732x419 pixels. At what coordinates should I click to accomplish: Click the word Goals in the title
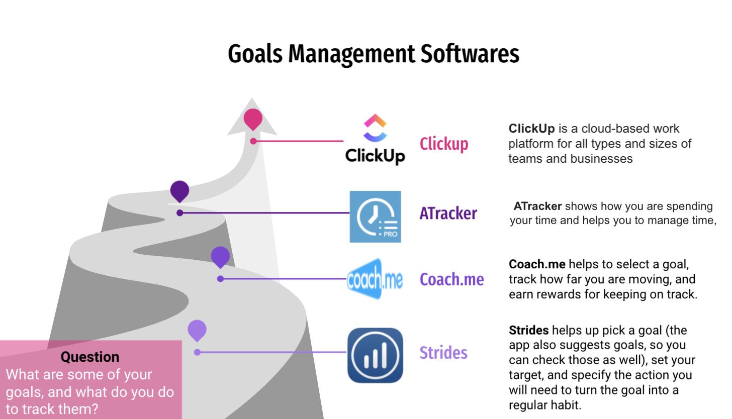255,54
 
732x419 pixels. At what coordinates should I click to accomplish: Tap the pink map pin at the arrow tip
253,120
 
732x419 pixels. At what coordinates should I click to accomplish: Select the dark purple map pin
180,191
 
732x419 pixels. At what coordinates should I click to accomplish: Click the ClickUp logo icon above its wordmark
375,128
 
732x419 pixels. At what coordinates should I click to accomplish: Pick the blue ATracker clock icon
375,217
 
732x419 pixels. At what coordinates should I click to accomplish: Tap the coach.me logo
375,279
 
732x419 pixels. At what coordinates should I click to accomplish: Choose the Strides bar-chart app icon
375,355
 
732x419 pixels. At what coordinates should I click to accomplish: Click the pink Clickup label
444,144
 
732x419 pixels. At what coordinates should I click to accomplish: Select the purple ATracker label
448,213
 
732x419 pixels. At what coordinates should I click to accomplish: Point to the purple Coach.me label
451,279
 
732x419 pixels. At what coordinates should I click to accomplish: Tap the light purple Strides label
443,353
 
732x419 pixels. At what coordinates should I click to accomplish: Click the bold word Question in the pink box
90,357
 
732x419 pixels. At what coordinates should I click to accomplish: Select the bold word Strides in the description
528,330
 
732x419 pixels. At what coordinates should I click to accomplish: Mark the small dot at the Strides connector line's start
197,352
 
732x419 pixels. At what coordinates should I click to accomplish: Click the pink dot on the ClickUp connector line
253,141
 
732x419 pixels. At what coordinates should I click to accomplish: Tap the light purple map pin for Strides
197,331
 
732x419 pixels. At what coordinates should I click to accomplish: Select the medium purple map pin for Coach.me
220,257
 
